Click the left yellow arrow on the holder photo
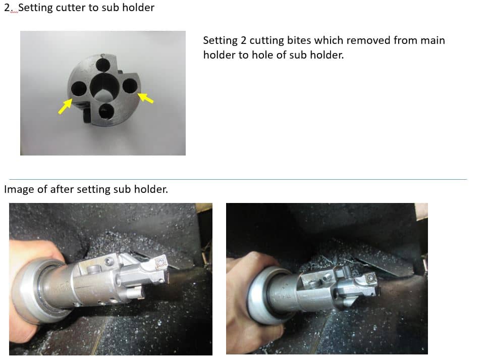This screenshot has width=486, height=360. click(x=65, y=106)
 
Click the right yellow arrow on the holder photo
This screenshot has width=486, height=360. click(x=145, y=97)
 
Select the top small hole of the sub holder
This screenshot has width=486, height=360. click(x=103, y=65)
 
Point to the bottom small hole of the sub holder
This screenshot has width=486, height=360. click(x=106, y=111)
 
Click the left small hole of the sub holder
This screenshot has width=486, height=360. click(x=78, y=89)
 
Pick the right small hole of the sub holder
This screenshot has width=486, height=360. click(x=130, y=86)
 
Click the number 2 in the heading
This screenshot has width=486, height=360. click(x=7, y=8)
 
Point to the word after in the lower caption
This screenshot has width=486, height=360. click(x=62, y=189)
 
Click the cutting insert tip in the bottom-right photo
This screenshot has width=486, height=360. click(x=370, y=279)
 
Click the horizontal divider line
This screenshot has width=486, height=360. click(x=238, y=179)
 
